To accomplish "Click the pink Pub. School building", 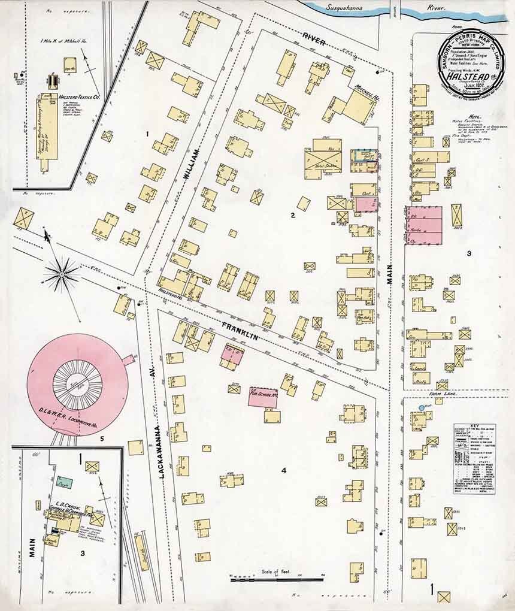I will click(263, 397).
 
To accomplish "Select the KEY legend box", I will click(474, 459).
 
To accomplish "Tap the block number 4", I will click(284, 471).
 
